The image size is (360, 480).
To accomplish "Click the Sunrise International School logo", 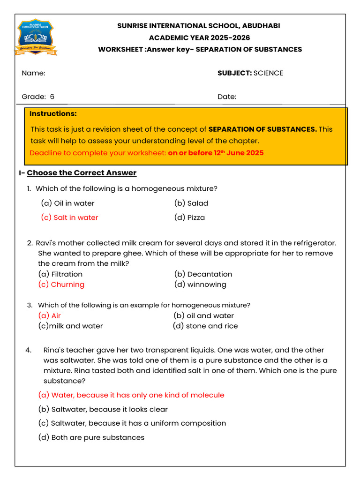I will pos(35,37).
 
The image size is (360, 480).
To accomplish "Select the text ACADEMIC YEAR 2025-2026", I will pos(199,37).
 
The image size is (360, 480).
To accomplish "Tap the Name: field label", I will pos(33,73).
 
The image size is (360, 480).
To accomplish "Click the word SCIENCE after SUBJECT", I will pos(268,73).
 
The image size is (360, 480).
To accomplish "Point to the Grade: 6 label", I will pos(38,97).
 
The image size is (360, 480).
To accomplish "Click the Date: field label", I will pos(227,97).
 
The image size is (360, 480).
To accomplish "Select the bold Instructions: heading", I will pos(53,114).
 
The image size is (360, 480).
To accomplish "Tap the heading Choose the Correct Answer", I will pos(82,173).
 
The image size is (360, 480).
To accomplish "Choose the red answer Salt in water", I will pos(70,217).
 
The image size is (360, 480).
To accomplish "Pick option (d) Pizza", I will pos(189,217).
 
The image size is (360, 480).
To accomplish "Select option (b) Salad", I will pos(191,203).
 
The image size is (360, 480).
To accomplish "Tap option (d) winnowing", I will pos(200,285).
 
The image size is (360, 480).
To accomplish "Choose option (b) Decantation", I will pos(203,274).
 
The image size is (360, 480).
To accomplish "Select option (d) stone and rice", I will pos(205,326).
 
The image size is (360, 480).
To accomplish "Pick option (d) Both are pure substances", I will pos(91,437).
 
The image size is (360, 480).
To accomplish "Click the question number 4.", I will pos(29,350).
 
